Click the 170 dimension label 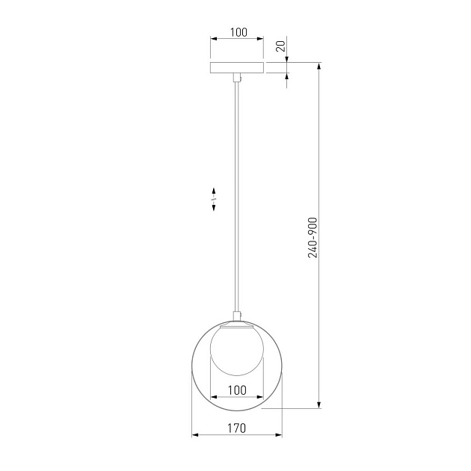click(237, 428)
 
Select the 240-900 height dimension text click(313, 238)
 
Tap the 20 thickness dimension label click(280, 46)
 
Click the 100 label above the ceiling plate click(238, 32)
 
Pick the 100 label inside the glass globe click(237, 390)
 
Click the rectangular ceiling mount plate click(237, 68)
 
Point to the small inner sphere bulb click(237, 350)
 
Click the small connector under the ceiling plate click(237, 77)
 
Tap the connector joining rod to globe click(237, 315)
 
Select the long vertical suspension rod click(237, 197)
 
